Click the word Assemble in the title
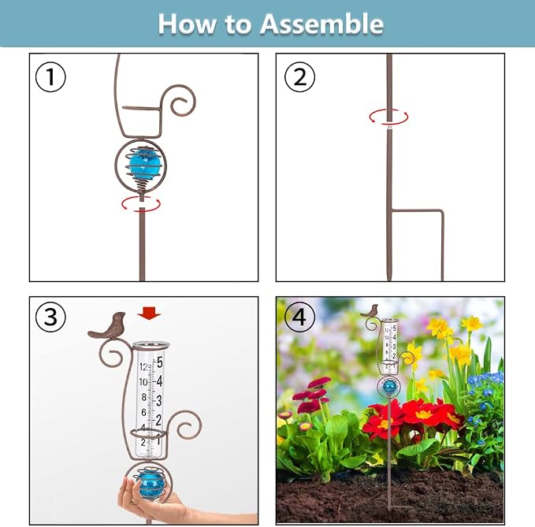tap(321, 24)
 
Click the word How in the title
tap(187, 24)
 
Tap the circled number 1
tap(50, 76)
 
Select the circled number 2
tap(299, 76)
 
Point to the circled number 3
tap(50, 317)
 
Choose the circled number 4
tap(299, 317)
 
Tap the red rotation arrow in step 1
tap(141, 204)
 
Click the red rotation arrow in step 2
tap(388, 117)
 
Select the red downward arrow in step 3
tap(149, 313)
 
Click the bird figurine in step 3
tap(107, 325)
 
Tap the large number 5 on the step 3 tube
tap(160, 362)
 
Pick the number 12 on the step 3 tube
tap(143, 367)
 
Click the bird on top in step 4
tap(370, 310)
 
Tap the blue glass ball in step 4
tap(388, 387)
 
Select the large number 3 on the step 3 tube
tap(159, 401)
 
